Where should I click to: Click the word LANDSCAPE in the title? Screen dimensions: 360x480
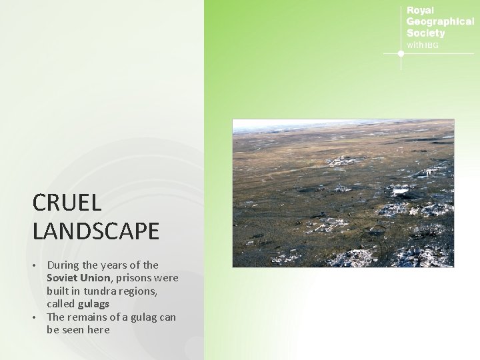[x=95, y=231]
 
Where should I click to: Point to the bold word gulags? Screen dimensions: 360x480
[x=93, y=303]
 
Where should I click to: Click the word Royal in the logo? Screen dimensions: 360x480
[x=420, y=11]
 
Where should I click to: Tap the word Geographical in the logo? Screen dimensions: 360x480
[x=440, y=21]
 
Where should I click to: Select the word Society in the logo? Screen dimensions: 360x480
[x=425, y=33]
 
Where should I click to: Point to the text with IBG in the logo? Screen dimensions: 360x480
[x=423, y=45]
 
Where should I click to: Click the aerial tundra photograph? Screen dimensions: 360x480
[x=343, y=193]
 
